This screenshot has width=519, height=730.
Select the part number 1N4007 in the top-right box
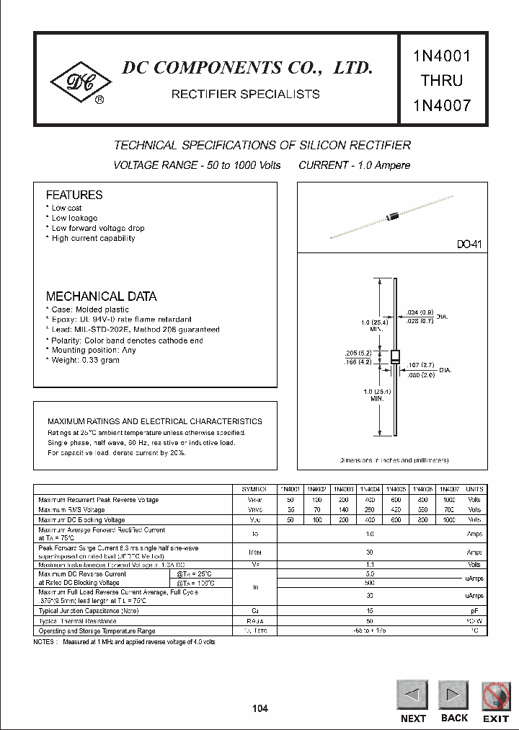[442, 105]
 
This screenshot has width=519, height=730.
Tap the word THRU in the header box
[442, 79]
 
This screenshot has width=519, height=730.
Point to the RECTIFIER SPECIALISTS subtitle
[245, 94]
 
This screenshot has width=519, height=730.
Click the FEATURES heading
[74, 195]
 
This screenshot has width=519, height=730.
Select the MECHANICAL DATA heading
[101, 296]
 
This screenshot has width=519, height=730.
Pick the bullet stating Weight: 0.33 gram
[84, 360]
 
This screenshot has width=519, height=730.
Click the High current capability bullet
[92, 238]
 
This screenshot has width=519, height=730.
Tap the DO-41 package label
[468, 245]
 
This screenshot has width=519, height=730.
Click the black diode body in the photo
[394, 214]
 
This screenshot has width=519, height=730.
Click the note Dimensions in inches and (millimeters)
[394, 459]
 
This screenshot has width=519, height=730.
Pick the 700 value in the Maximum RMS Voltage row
[448, 509]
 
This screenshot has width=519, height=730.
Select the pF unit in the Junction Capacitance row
[474, 610]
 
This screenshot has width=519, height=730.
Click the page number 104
[260, 708]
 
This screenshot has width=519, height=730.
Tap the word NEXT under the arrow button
[413, 718]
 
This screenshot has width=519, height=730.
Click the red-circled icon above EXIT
[496, 695]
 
